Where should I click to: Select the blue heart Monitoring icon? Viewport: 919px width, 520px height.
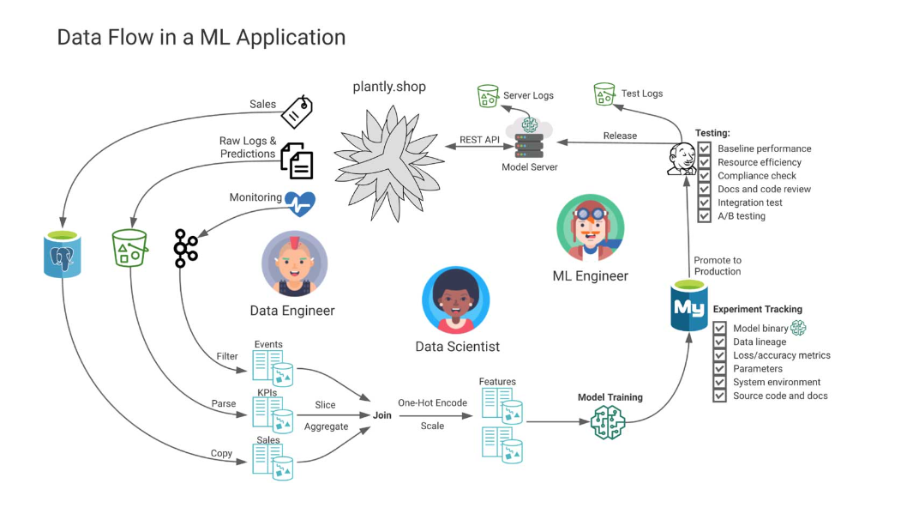pyautogui.click(x=299, y=203)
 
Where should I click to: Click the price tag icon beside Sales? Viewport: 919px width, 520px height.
pyautogui.click(x=297, y=112)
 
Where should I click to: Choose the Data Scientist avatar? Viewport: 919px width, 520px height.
pyautogui.click(x=455, y=300)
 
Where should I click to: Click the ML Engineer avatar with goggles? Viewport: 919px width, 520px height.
pyautogui.click(x=589, y=227)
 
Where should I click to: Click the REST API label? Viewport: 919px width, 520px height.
pyautogui.click(x=479, y=140)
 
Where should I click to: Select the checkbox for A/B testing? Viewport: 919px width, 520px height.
pyautogui.click(x=704, y=216)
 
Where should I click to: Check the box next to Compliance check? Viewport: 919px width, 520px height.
pyautogui.click(x=704, y=175)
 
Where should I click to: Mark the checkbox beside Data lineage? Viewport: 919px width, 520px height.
pyautogui.click(x=720, y=342)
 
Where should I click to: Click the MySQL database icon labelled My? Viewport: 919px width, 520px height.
pyautogui.click(x=688, y=305)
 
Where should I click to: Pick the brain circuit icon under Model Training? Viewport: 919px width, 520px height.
pyautogui.click(x=609, y=421)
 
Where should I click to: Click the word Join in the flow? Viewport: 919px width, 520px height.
pyautogui.click(x=381, y=414)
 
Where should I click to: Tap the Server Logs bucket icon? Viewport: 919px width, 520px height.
pyautogui.click(x=488, y=95)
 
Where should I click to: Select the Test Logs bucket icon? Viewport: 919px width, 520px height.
pyautogui.click(x=604, y=94)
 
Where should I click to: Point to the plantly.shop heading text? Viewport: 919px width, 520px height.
pyautogui.click(x=389, y=87)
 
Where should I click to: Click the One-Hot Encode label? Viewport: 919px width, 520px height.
pyautogui.click(x=432, y=402)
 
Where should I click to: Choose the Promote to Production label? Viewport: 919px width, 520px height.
pyautogui.click(x=718, y=265)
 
